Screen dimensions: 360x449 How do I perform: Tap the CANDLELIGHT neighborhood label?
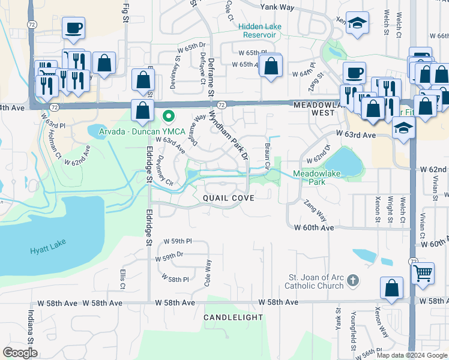point(234,317)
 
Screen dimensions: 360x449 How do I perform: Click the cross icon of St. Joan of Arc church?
point(353,280)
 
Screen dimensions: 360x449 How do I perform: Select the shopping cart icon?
point(423,274)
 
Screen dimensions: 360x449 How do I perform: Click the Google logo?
point(20,353)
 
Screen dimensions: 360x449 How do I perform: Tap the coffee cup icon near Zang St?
point(354,73)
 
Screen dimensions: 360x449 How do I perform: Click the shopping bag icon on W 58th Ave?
point(391,288)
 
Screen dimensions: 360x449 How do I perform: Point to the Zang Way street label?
point(315,212)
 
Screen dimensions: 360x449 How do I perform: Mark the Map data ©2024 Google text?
point(411,355)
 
